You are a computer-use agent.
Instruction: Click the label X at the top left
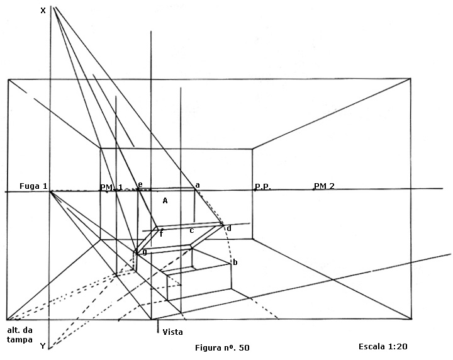pyautogui.click(x=43, y=10)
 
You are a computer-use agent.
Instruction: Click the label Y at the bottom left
pyautogui.click(x=43, y=346)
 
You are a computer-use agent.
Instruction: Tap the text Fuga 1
pyautogui.click(x=33, y=186)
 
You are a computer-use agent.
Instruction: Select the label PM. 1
pyautogui.click(x=111, y=187)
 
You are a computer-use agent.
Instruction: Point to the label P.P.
pyautogui.click(x=262, y=187)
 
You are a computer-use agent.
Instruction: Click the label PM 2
pyautogui.click(x=324, y=186)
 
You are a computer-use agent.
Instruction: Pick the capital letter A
pyautogui.click(x=165, y=201)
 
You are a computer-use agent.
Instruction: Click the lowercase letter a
pyautogui.click(x=198, y=185)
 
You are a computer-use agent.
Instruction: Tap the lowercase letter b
pyautogui.click(x=235, y=262)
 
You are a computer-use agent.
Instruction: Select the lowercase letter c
pyautogui.click(x=192, y=230)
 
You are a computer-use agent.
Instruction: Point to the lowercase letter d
pyautogui.click(x=229, y=228)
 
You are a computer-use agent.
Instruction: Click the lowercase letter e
pyautogui.click(x=140, y=184)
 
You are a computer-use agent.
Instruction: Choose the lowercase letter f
pyautogui.click(x=161, y=234)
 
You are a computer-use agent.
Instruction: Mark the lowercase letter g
pyautogui.click(x=144, y=252)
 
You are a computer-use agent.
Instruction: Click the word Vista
pyautogui.click(x=172, y=332)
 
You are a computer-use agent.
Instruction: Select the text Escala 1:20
pyautogui.click(x=386, y=346)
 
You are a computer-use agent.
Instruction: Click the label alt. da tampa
pyautogui.click(x=20, y=335)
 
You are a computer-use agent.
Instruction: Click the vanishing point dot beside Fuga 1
pyautogui.click(x=51, y=191)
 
